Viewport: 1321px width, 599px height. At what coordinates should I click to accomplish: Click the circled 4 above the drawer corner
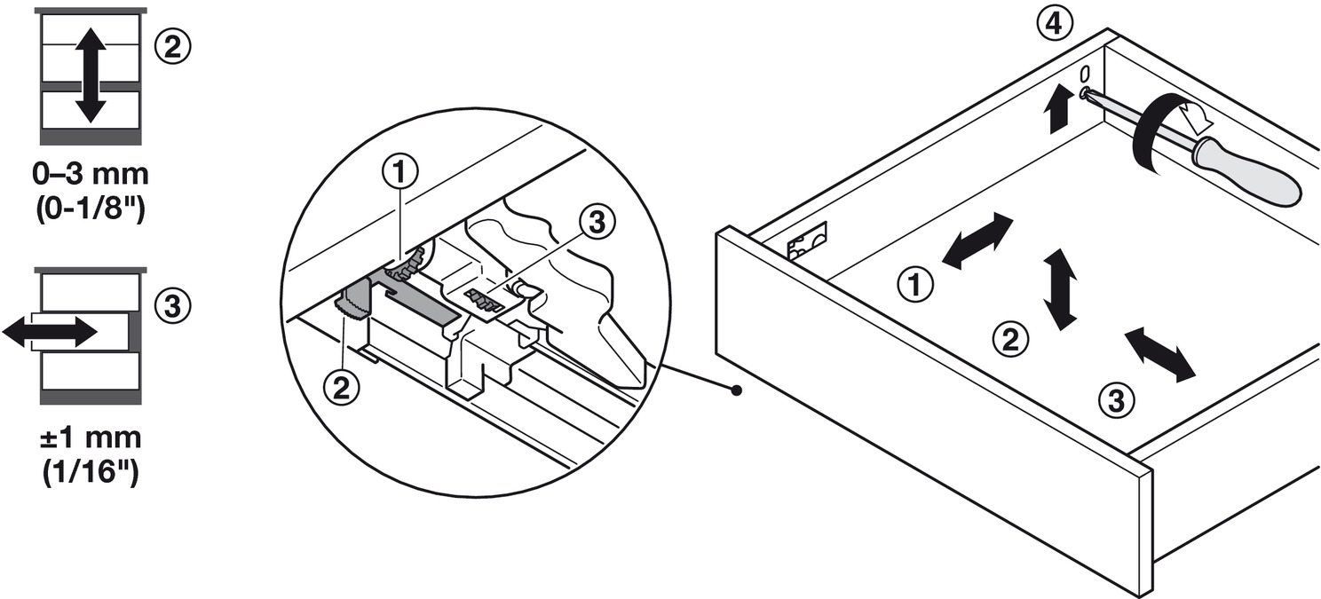point(1055,24)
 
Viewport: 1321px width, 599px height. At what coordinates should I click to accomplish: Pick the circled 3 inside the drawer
point(1117,401)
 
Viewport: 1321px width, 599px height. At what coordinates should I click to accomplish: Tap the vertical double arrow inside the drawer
point(1061,289)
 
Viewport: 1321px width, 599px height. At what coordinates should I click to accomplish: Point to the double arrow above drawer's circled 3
point(1159,356)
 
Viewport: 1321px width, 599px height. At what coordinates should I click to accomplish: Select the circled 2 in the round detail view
point(342,387)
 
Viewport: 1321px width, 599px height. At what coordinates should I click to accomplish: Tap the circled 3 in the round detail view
point(597,224)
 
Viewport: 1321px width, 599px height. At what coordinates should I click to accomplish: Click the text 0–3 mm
point(91,175)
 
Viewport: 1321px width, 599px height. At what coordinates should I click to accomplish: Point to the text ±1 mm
point(91,439)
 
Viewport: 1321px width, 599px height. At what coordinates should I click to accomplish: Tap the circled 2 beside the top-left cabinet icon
point(172,47)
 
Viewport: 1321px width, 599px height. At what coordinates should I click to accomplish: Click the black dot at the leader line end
point(736,390)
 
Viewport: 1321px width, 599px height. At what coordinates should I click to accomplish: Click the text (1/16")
point(91,473)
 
